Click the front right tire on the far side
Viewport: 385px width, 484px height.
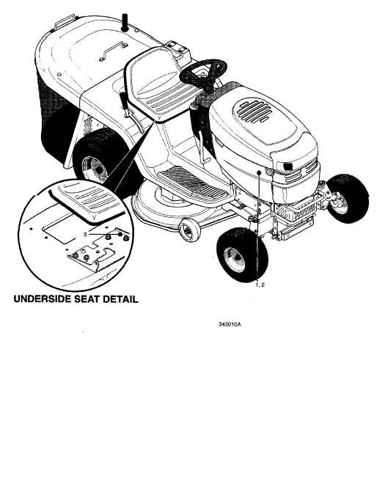point(348,198)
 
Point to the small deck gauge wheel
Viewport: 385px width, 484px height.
point(189,230)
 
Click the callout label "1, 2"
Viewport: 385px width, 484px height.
point(260,285)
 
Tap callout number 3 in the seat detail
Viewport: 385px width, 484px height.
point(85,235)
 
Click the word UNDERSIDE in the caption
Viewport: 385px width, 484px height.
point(42,299)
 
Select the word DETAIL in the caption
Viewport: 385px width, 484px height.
point(120,299)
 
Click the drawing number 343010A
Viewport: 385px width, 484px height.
point(230,324)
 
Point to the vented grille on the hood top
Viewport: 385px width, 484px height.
point(252,111)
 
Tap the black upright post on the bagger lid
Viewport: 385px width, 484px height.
point(125,22)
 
